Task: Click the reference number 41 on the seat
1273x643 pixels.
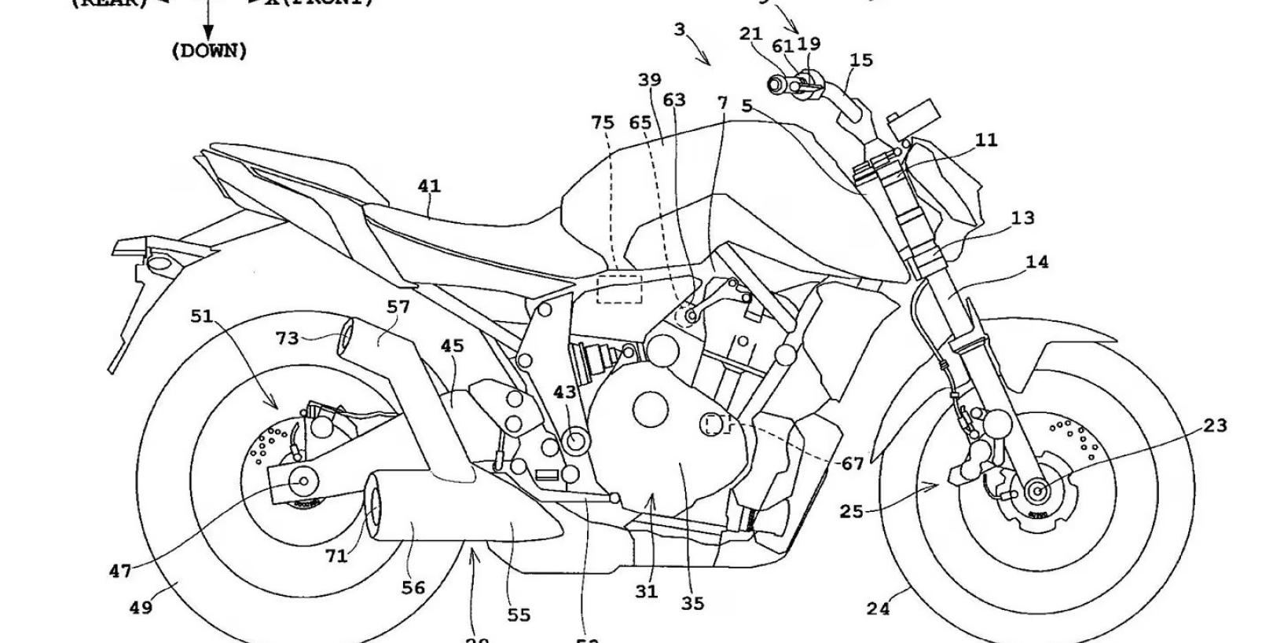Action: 429,186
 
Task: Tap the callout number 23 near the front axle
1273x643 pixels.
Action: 1214,426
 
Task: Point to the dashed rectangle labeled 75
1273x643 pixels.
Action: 619,288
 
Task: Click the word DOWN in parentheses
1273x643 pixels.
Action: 209,51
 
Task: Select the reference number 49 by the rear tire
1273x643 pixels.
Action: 141,606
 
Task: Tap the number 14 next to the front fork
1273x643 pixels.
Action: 1037,262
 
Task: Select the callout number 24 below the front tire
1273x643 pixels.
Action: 878,608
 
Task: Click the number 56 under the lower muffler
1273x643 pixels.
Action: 413,587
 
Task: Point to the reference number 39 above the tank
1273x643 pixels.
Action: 649,80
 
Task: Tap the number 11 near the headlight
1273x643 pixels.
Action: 986,140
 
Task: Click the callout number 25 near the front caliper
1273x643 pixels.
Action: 851,512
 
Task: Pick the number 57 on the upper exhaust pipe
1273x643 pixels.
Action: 398,306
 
